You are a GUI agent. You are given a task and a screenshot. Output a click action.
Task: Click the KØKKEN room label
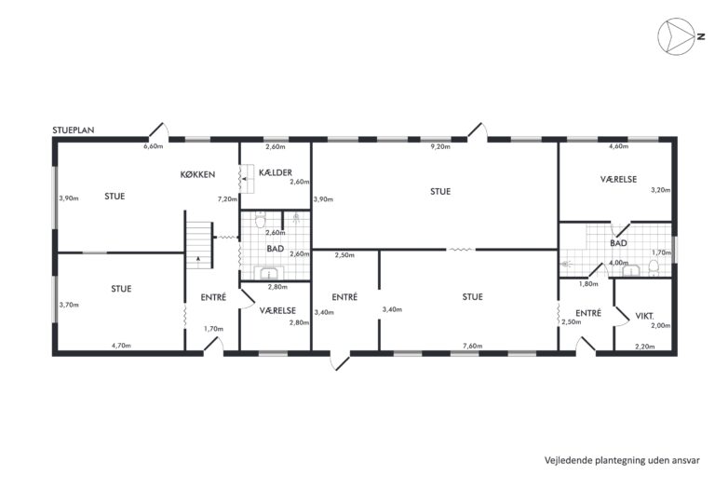pyautogui.click(x=197, y=174)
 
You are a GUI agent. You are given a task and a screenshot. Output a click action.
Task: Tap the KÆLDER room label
pyautogui.click(x=276, y=172)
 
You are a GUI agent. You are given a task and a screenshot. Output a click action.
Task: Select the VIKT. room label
pyautogui.click(x=645, y=316)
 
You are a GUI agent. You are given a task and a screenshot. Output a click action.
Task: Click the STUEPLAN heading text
pyautogui.click(x=74, y=130)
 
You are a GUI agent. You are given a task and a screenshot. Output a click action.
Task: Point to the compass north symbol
pyautogui.click(x=677, y=36)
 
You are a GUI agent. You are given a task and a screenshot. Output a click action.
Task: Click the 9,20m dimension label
pyautogui.click(x=440, y=147)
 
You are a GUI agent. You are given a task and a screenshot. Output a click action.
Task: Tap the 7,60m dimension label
pyautogui.click(x=472, y=346)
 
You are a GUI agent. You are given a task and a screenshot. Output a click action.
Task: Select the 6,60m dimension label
pyautogui.click(x=154, y=146)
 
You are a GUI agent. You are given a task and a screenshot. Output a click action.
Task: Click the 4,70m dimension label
pyautogui.click(x=121, y=346)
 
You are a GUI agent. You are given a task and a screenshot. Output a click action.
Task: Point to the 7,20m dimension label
pyautogui.click(x=227, y=199)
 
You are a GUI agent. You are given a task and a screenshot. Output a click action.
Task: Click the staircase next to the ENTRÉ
pyautogui.click(x=199, y=245)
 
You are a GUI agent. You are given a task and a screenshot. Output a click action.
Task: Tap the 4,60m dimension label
pyautogui.click(x=619, y=146)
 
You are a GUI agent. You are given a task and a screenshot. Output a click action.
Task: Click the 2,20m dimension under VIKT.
pyautogui.click(x=645, y=347)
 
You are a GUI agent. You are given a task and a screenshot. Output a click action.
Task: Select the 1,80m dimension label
pyautogui.click(x=588, y=284)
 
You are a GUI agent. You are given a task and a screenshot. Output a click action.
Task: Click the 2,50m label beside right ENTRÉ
pyautogui.click(x=572, y=321)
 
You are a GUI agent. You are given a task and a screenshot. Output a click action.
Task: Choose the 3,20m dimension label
pyautogui.click(x=661, y=190)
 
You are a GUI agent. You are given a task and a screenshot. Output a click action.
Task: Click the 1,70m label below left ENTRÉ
pyautogui.click(x=213, y=329)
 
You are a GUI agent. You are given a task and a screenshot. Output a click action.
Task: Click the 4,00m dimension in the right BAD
pyautogui.click(x=618, y=263)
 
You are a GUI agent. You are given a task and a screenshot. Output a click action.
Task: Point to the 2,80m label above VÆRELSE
pyautogui.click(x=277, y=287)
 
